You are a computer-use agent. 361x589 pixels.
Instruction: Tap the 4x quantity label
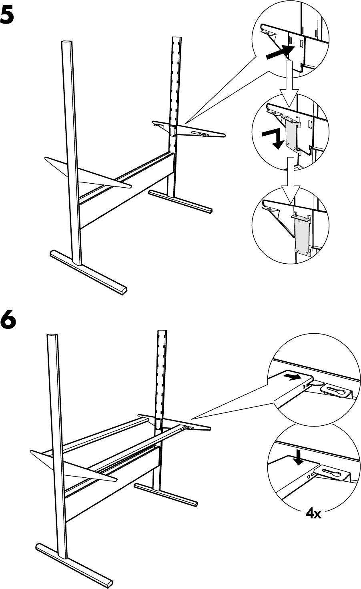pyautogui.click(x=313, y=513)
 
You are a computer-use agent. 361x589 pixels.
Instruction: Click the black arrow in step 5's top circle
pyautogui.click(x=279, y=52)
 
